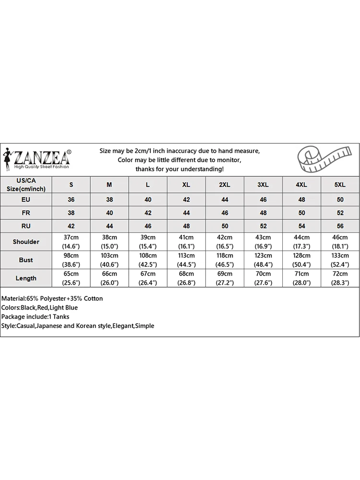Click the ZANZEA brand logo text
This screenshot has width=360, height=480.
[x=42, y=157]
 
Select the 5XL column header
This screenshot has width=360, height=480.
[x=340, y=185]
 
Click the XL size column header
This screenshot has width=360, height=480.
[x=186, y=185]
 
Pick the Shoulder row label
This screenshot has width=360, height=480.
[x=26, y=241]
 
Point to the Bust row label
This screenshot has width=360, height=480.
[x=26, y=260]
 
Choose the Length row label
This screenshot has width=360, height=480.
[x=26, y=278]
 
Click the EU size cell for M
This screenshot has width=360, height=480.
[x=109, y=199]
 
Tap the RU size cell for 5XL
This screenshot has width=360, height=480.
[x=340, y=226]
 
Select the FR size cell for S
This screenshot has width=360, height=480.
[x=71, y=213]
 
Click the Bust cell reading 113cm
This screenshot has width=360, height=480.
[x=186, y=260]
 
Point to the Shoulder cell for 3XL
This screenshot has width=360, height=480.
[x=263, y=241]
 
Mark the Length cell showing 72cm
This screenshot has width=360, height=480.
[x=340, y=278]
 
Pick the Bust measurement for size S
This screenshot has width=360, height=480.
[x=71, y=260]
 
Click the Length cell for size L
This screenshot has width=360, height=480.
[x=148, y=278]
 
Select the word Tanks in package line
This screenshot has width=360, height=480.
[x=61, y=317]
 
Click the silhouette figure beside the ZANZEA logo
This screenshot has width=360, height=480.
[x=7, y=159]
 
